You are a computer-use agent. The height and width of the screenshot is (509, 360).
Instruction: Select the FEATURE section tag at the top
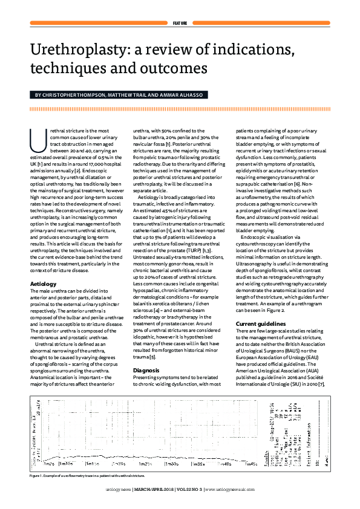click(x=179, y=23)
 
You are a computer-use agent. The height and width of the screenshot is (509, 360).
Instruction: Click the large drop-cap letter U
click(x=37, y=139)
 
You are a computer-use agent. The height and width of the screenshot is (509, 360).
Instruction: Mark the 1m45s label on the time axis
click(x=250, y=464)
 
